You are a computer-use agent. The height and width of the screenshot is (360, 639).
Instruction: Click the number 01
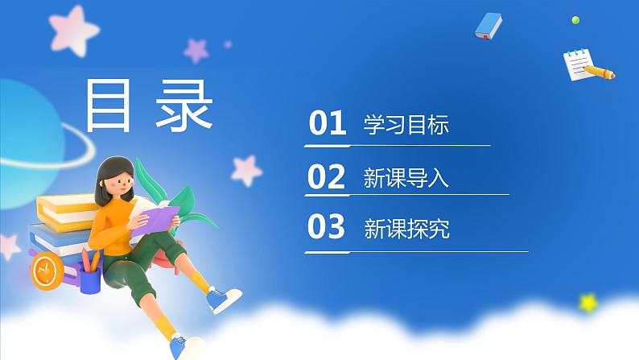tap(327, 125)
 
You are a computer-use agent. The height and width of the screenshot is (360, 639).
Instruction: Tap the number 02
tap(327, 176)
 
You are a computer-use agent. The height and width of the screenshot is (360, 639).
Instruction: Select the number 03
tap(327, 228)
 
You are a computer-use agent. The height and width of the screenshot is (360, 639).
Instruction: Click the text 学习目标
tap(406, 126)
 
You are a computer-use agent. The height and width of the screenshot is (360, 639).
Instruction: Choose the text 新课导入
tap(406, 178)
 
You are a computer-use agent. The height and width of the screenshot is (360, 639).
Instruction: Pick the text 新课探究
tap(406, 230)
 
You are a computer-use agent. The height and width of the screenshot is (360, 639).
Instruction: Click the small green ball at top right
tap(575, 19)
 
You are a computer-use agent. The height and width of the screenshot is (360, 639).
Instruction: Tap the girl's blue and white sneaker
tap(223, 300)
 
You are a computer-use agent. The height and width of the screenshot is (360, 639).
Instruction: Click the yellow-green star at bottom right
tap(589, 303)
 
